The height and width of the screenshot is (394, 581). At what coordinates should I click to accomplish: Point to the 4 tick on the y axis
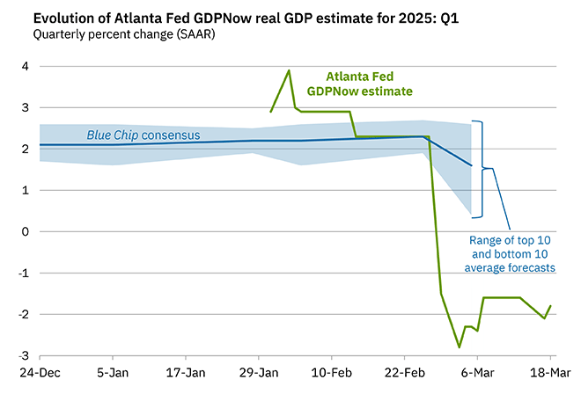tap(26, 67)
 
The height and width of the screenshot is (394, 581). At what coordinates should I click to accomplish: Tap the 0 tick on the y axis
tap(26, 232)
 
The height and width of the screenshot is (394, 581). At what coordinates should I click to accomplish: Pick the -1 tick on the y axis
tap(24, 274)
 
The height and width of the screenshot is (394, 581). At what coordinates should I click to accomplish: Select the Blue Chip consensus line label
tap(143, 135)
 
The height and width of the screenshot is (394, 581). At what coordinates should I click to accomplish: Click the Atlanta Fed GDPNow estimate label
tap(359, 83)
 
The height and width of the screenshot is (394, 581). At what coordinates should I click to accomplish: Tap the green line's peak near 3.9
tap(289, 70)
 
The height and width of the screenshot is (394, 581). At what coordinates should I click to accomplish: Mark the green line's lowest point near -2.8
tap(459, 347)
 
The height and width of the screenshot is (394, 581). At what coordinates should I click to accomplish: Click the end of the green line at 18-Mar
tap(551, 306)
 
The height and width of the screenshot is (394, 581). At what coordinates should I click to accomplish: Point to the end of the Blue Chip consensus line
tap(471, 165)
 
